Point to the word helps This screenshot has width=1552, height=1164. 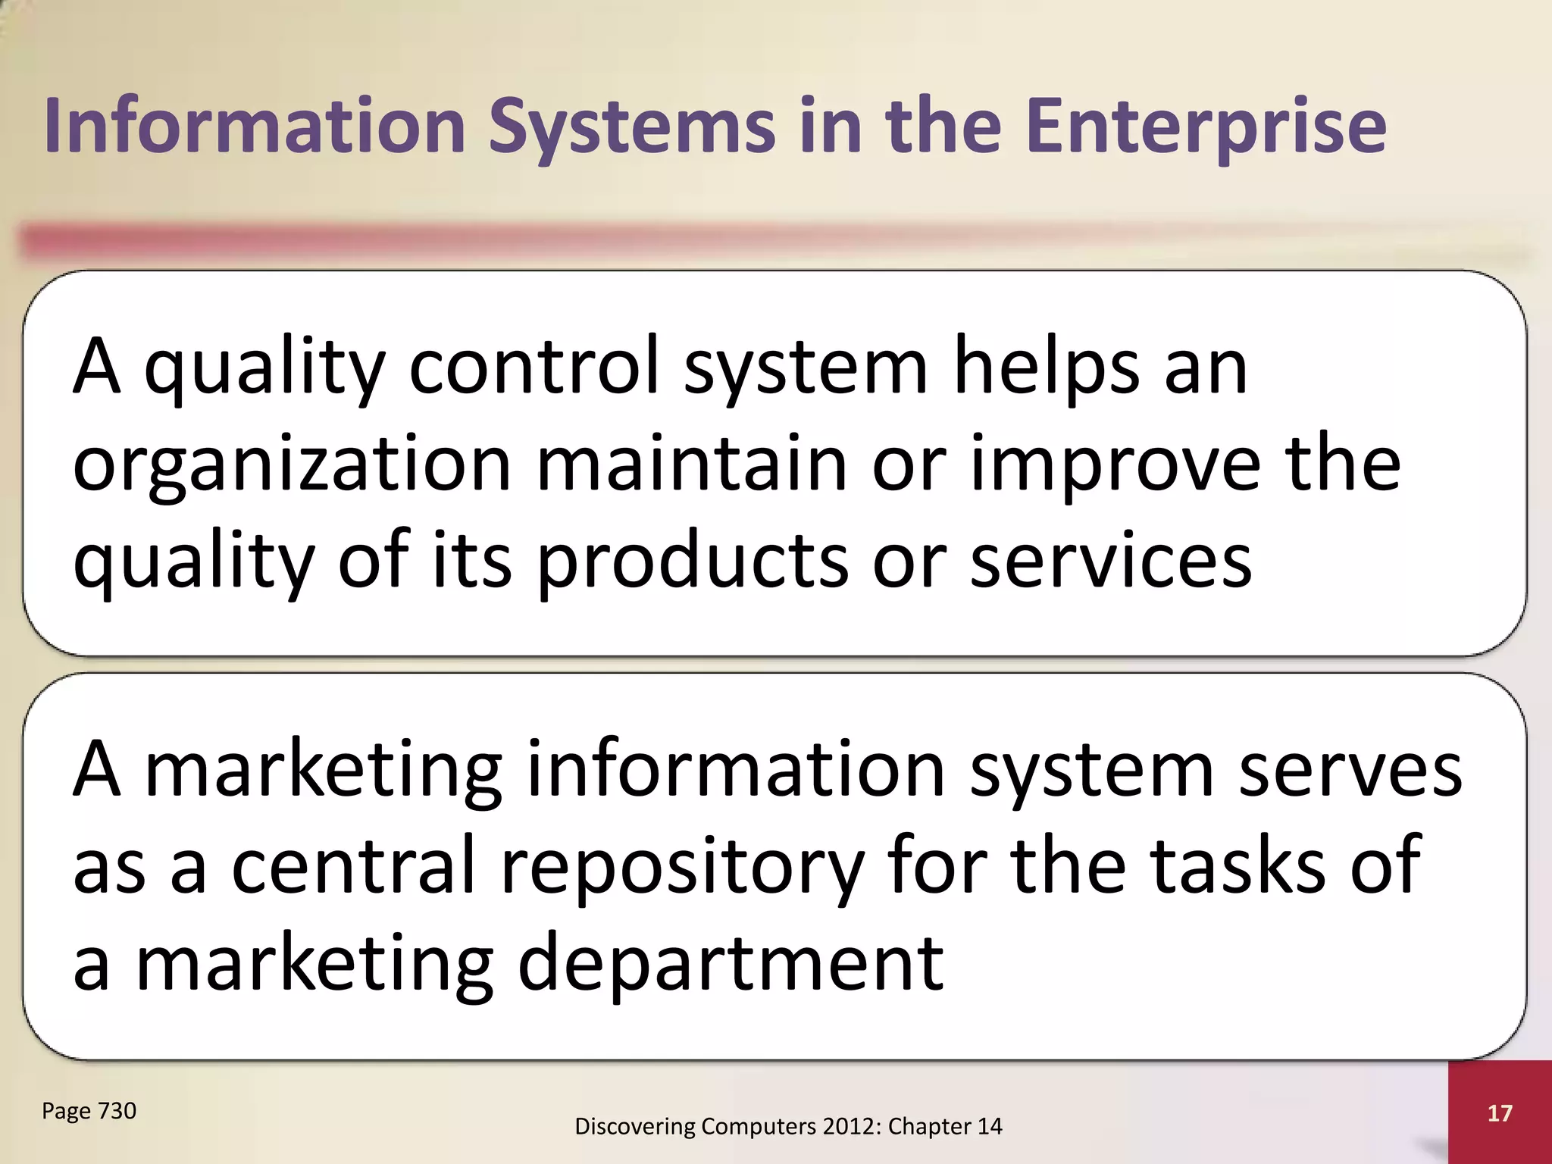[x=1046, y=368]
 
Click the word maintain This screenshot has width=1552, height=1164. [x=691, y=464]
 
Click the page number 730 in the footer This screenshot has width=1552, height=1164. [x=117, y=1111]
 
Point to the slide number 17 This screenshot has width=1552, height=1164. [x=1500, y=1113]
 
